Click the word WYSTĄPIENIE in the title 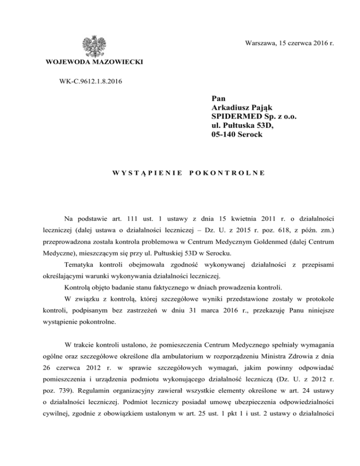point(147,173)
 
